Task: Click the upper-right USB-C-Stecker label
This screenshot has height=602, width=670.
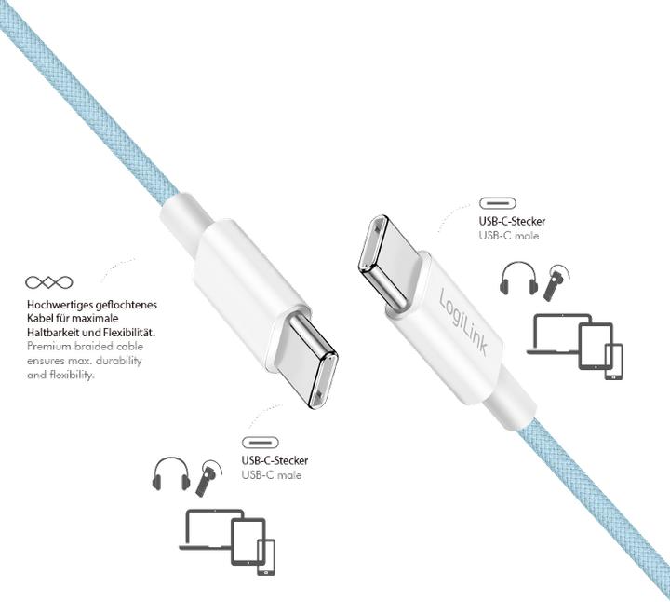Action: pyautogui.click(x=512, y=222)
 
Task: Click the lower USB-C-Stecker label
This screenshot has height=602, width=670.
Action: pyautogui.click(x=275, y=460)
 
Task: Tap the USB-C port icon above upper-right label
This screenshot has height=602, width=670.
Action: pyautogui.click(x=499, y=203)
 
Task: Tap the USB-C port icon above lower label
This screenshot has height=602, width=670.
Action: pyautogui.click(x=261, y=442)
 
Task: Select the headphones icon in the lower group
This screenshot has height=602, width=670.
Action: pyautogui.click(x=170, y=474)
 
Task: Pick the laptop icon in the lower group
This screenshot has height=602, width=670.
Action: pyautogui.click(x=209, y=530)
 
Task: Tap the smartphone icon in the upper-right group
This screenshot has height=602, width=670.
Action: pyautogui.click(x=613, y=362)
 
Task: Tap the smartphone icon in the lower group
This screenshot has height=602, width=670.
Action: pyautogui.click(x=266, y=557)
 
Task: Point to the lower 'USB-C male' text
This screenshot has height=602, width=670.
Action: pyautogui.click(x=272, y=475)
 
